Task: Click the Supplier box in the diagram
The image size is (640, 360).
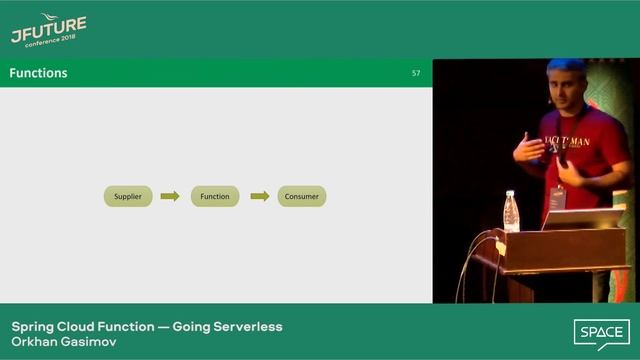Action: pos(128,196)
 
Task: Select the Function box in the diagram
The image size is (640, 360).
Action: pos(214,196)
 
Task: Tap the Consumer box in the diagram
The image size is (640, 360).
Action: pos(301,196)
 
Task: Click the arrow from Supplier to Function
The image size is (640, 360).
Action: pos(170,196)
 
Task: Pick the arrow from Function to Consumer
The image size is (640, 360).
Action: pos(259,196)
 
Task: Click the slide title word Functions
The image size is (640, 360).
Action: pos(38,73)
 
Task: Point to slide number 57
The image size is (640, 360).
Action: pos(416,73)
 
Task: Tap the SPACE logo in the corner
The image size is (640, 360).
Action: pos(601,332)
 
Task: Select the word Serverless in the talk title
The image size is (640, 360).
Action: pos(251,326)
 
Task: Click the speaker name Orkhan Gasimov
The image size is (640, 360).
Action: pos(62,341)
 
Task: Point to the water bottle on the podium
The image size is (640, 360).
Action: pos(512,211)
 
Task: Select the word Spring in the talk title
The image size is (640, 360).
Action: pos(33,326)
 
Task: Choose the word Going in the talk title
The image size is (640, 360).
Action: pos(193,326)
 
